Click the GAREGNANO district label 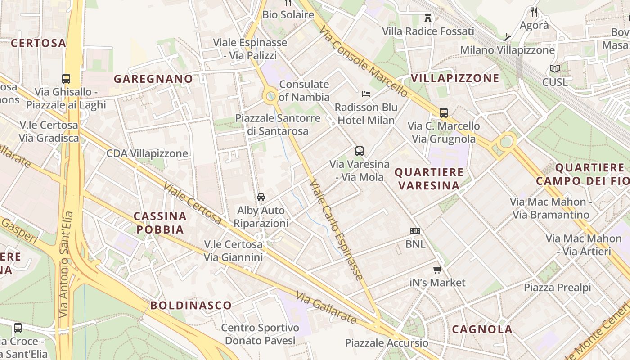tap(153, 79)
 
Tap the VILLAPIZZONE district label tap(455, 78)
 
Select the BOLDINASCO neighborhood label tap(191, 305)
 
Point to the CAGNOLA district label tap(482, 329)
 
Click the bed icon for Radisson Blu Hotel tap(366, 94)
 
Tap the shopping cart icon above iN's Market tap(437, 270)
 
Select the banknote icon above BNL tap(415, 231)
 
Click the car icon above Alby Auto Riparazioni tap(261, 197)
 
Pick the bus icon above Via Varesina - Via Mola tap(359, 151)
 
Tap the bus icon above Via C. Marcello tap(444, 112)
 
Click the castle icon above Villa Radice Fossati tap(428, 18)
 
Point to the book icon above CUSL tap(554, 69)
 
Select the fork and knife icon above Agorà tap(534, 12)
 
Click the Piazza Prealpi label tap(557, 287)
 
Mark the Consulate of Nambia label tap(304, 90)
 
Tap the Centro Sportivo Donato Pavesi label tap(260, 334)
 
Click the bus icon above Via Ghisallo tap(66, 78)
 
